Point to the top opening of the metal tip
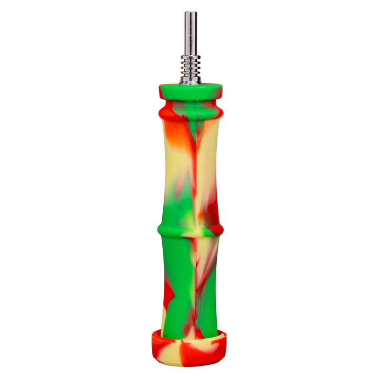(191, 13)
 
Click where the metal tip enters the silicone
(191, 83)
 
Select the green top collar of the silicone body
(191, 92)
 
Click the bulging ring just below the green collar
(191, 112)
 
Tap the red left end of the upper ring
(163, 111)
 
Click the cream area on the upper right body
(208, 152)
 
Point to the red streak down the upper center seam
(194, 157)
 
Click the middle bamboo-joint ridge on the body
(190, 230)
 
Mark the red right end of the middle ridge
(217, 230)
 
